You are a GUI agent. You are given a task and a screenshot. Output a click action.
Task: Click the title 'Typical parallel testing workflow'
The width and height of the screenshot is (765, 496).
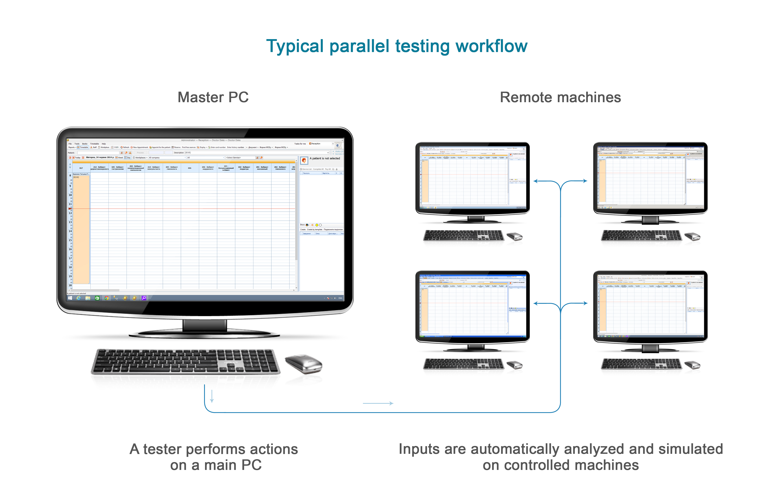pos(397,46)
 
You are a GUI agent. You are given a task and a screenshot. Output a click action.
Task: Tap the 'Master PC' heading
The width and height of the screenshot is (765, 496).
pos(213,97)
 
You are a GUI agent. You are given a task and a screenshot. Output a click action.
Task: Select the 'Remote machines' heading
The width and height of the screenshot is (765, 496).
pos(560,97)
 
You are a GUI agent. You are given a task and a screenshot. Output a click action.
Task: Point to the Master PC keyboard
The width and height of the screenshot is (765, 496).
pos(186,362)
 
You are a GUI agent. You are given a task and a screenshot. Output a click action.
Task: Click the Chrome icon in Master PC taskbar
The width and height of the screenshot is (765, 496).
pos(106,298)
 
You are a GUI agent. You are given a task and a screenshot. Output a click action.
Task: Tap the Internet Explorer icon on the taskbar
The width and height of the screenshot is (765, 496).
pos(78,298)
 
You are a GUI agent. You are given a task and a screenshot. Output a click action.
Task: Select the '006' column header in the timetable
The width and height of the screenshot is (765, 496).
pos(190,168)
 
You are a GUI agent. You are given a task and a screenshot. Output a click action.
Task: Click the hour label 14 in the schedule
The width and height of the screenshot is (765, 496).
pos(70,231)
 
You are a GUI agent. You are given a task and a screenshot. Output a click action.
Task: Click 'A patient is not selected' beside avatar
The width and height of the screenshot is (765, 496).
pos(325,158)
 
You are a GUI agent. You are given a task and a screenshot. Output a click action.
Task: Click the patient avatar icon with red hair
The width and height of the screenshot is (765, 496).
pos(304,160)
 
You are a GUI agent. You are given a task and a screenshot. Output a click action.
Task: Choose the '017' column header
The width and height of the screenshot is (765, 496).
pos(81,168)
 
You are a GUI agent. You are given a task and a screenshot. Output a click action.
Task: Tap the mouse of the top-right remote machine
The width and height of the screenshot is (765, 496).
pos(692,237)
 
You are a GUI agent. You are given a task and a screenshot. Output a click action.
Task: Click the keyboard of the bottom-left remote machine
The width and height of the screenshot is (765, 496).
pos(464,364)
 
